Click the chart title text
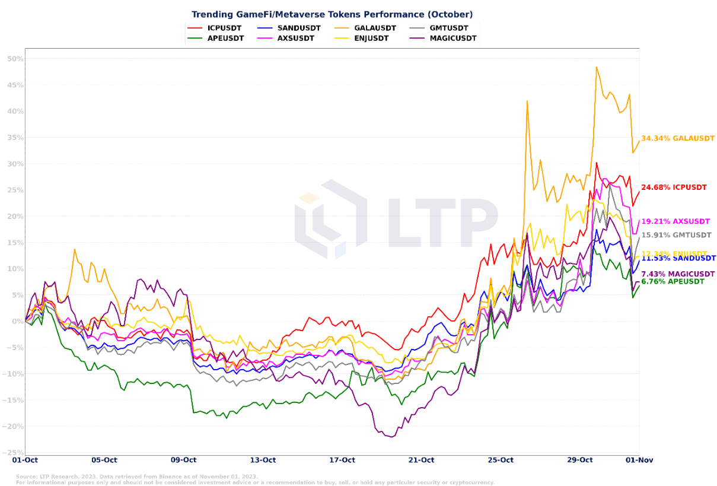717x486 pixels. tap(332, 14)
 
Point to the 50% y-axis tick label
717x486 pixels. tap(15, 59)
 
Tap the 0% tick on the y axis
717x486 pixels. tap(17, 322)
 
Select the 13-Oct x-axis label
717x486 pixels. tap(263, 460)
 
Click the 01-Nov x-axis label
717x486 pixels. tap(639, 460)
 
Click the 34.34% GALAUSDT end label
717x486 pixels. tap(678, 138)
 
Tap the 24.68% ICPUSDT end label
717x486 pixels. tap(674, 188)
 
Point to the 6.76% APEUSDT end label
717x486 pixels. tap(673, 281)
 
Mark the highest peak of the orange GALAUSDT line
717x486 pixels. tap(597, 67)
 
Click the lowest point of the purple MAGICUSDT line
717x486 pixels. tap(391, 437)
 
